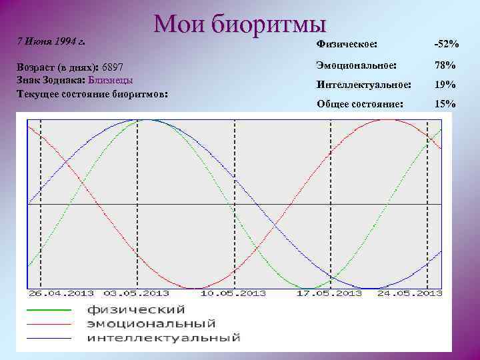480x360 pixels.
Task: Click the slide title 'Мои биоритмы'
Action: point(240,25)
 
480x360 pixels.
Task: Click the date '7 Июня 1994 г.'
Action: point(52,42)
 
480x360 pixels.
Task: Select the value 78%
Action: point(445,65)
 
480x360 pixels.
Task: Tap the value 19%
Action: point(445,85)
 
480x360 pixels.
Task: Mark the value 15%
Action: point(445,104)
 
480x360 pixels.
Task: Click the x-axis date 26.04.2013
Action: point(61,293)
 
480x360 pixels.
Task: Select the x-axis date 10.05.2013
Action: point(233,293)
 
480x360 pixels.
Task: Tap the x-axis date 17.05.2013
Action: point(330,293)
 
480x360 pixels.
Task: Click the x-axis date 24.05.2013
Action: point(410,293)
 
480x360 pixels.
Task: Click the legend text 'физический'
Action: point(135,310)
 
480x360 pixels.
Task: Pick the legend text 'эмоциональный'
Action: point(151,324)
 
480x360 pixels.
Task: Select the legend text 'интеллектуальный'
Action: point(163,338)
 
